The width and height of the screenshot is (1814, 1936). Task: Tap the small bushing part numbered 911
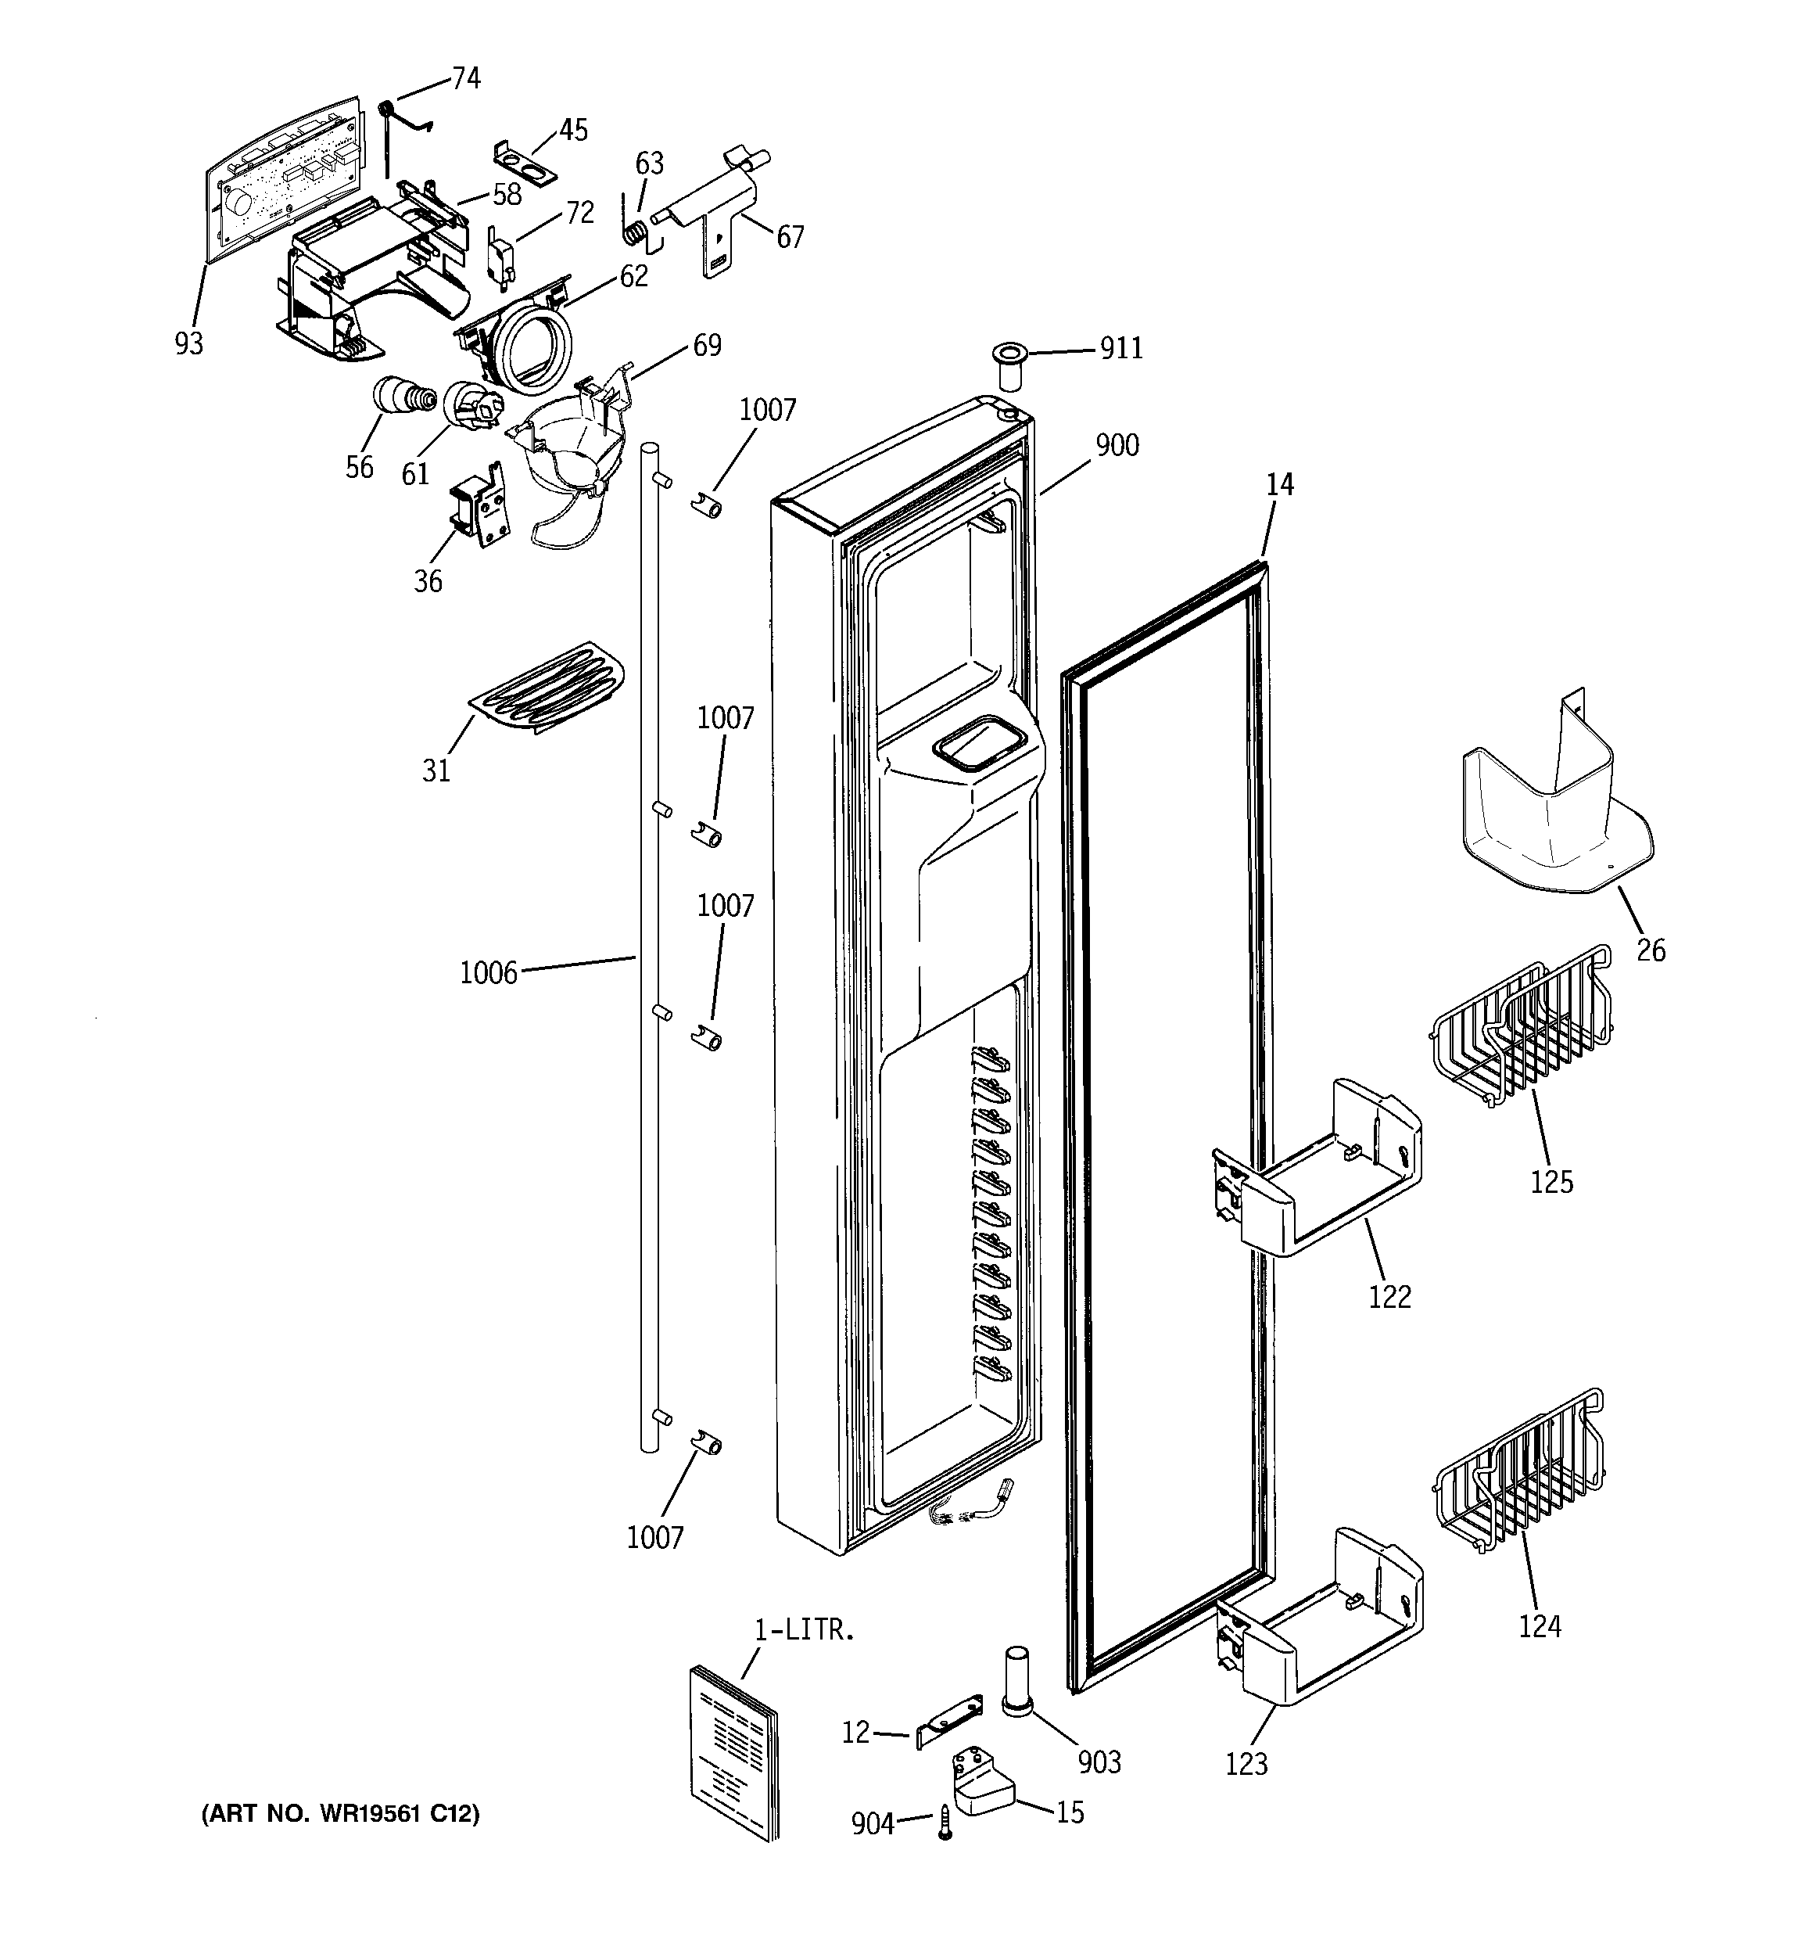[1008, 366]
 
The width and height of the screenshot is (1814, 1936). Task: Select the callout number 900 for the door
[1117, 445]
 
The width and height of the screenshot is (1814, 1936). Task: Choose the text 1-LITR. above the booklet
[805, 1629]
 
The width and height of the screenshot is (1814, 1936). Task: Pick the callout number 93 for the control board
[189, 343]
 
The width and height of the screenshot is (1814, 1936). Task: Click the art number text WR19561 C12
[340, 1814]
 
